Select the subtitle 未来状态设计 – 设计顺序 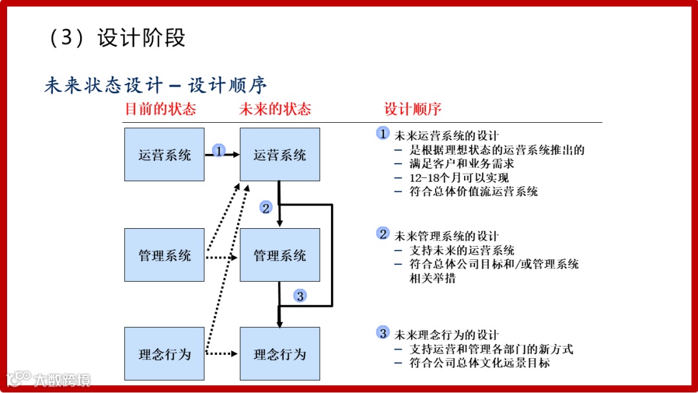pos(156,85)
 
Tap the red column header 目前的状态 pos(160,109)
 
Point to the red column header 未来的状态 pos(275,109)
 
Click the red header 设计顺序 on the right pos(413,109)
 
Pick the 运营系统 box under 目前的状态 pos(164,154)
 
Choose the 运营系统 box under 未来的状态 pos(279,154)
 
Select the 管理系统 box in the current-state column pos(164,255)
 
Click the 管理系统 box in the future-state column pos(279,255)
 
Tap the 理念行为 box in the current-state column pos(164,354)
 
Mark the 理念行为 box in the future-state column pos(279,354)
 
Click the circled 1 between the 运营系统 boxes pos(219,151)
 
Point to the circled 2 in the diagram pos(266,207)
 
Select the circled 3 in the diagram pos(299,296)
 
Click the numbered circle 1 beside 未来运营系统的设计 pos(383,134)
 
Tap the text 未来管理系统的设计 pos(447,236)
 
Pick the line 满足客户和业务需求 pos(462,164)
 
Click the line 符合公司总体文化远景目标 pos(480,363)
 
